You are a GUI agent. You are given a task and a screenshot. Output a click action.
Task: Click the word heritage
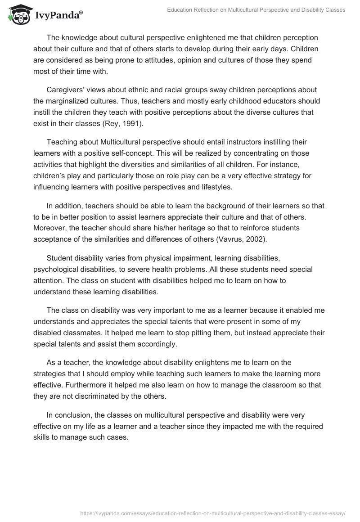pos(183,228)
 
